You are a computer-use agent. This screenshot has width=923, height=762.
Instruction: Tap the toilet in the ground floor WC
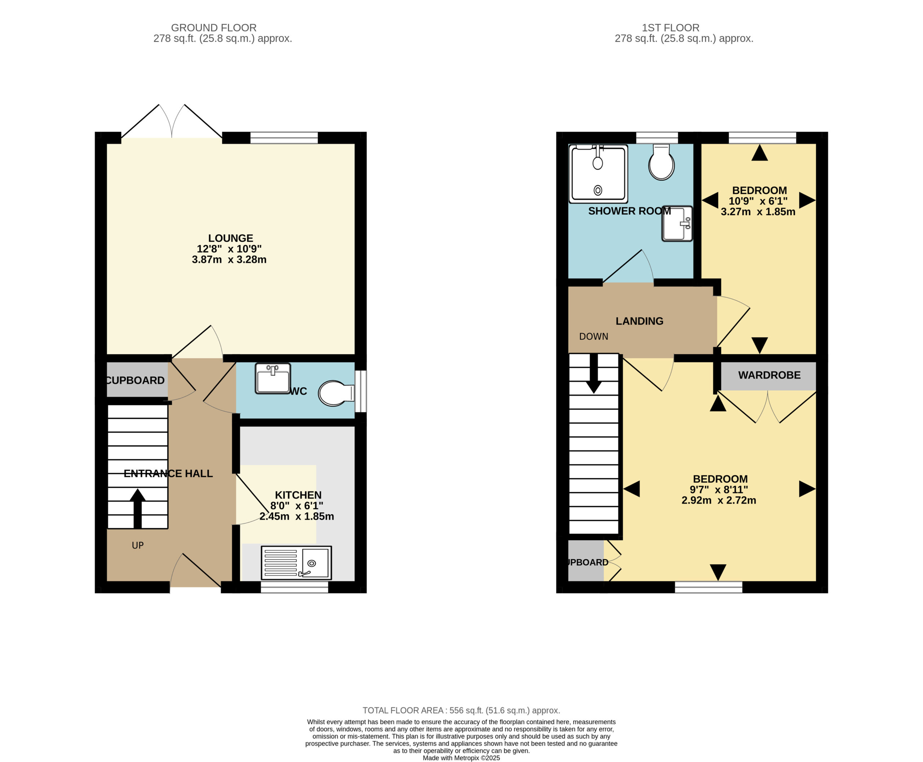point(336,393)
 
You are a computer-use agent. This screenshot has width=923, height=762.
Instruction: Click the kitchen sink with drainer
point(296,563)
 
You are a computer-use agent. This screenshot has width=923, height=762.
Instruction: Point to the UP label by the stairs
point(138,545)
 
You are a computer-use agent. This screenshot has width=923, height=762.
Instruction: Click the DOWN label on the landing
point(593,337)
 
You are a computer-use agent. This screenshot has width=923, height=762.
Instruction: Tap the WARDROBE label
point(769,375)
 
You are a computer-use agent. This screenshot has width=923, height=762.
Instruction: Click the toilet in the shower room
point(661,162)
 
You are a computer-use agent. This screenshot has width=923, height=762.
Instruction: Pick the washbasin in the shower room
point(677,223)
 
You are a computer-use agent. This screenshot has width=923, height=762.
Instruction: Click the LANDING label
point(639,321)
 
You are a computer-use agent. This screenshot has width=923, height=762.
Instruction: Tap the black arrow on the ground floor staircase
point(137,508)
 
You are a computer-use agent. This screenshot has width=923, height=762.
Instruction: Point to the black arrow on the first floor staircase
point(594,373)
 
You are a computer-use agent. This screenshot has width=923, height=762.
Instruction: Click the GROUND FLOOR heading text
point(214,28)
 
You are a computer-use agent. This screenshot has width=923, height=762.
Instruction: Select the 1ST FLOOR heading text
point(670,28)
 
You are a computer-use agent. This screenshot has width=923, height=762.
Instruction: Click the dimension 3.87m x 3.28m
point(229,259)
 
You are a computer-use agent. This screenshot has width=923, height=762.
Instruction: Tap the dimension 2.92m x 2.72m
point(719,500)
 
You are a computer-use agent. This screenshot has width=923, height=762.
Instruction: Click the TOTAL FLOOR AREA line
point(461,710)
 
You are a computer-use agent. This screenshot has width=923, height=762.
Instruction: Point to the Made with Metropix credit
point(461,758)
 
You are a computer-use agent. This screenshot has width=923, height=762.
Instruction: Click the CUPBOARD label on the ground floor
point(136,380)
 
